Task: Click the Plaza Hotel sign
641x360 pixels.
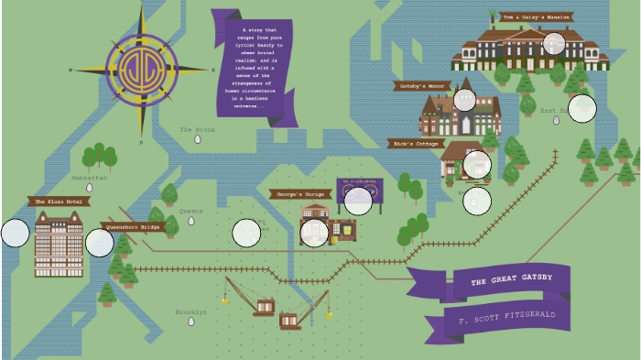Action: click(60, 202)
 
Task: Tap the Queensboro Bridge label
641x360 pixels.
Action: click(134, 226)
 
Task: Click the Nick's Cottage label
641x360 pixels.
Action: click(416, 144)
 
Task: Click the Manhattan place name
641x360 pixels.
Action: click(90, 178)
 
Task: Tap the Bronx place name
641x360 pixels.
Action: click(197, 130)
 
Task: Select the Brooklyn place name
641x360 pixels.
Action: click(191, 312)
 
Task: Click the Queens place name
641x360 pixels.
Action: click(190, 212)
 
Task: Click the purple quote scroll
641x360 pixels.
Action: click(255, 66)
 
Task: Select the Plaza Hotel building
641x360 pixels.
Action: click(59, 244)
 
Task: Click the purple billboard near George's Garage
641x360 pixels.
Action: click(360, 189)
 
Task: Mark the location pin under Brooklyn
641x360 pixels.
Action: click(191, 322)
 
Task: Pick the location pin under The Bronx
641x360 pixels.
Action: click(198, 139)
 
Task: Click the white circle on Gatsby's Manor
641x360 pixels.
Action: click(464, 100)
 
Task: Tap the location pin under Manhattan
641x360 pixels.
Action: click(90, 187)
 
